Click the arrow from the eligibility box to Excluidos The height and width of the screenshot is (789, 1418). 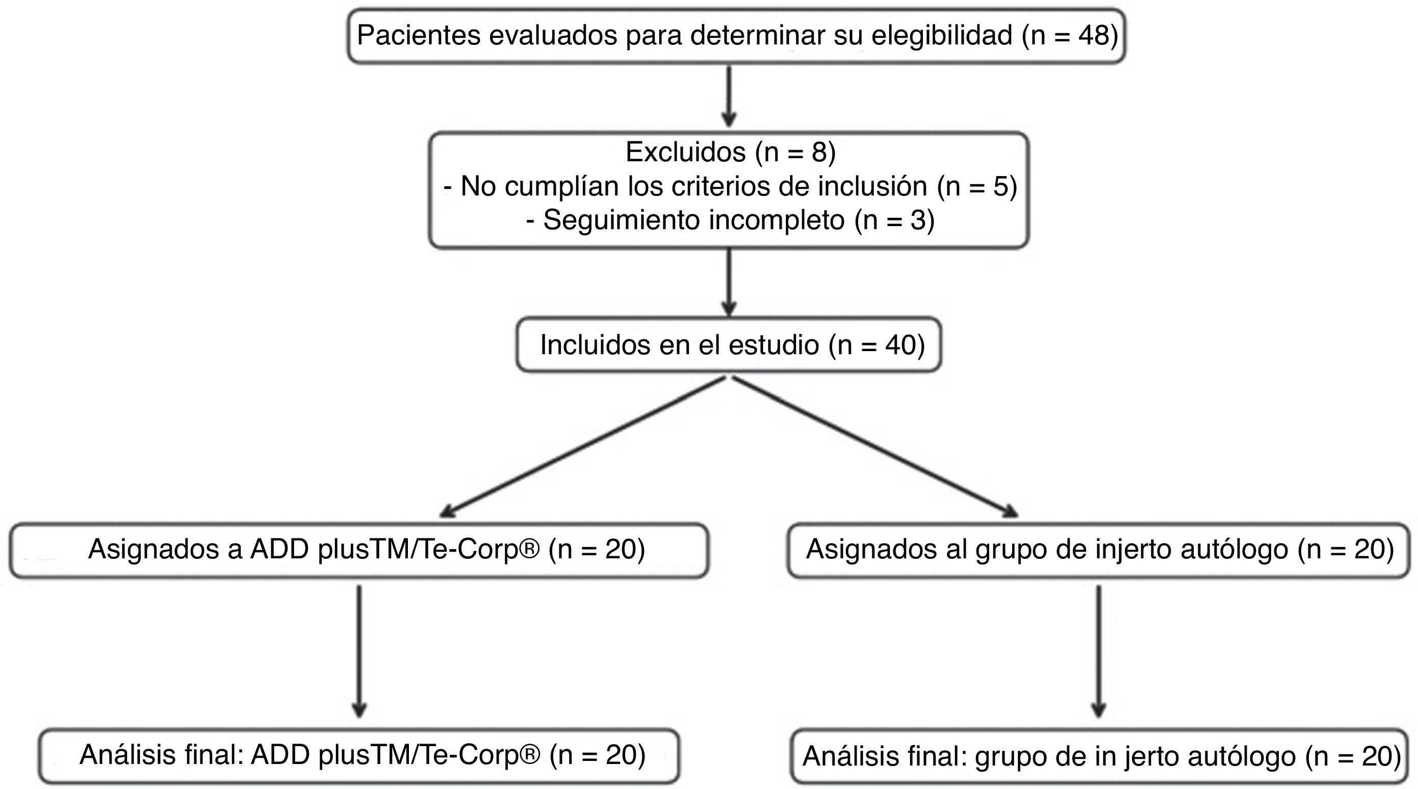(x=729, y=96)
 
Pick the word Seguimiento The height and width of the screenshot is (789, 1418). (x=622, y=220)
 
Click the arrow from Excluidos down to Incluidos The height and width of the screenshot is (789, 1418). (x=729, y=282)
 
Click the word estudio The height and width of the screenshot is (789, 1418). (x=774, y=345)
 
